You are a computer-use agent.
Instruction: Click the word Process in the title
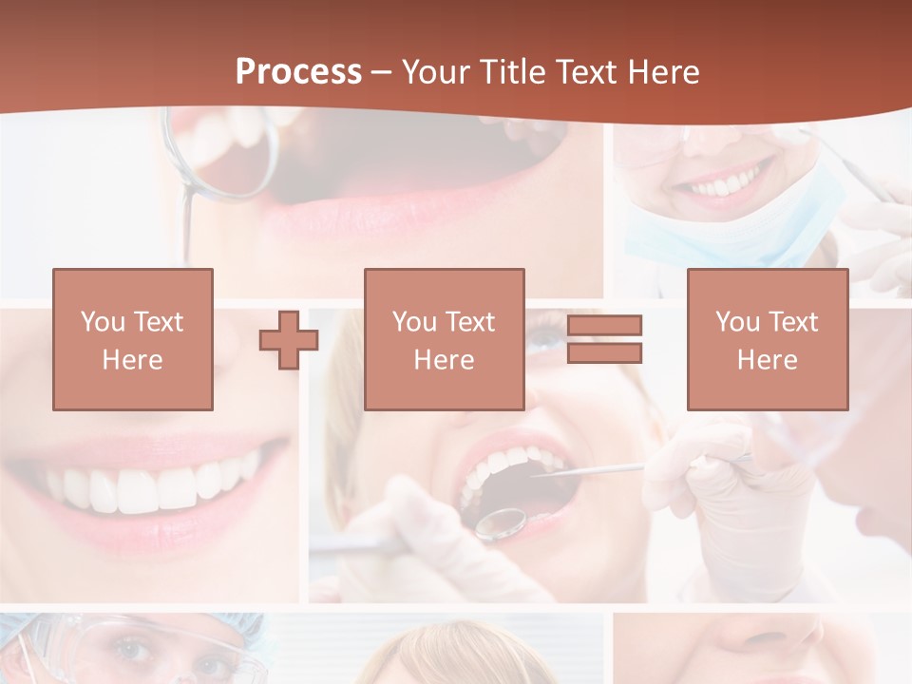[298, 71]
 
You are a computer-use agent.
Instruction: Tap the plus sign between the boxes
[289, 339]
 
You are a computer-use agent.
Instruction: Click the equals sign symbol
[604, 339]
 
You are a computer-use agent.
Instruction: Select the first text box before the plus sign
[133, 339]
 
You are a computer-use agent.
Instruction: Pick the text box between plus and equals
[444, 339]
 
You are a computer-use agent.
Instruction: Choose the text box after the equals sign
[767, 339]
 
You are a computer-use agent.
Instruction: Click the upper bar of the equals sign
[604, 326]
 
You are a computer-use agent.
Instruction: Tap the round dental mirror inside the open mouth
[501, 522]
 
